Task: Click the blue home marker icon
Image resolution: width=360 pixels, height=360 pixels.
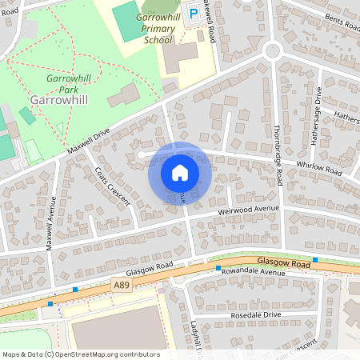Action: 179,173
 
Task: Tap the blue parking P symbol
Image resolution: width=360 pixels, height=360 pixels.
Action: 193,12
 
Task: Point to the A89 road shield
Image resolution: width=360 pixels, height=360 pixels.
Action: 122,285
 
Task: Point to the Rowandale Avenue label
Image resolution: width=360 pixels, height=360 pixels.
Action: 253,273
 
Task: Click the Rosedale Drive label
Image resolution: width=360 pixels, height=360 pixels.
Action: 257,314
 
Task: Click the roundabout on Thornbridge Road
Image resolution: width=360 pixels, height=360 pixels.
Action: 273,50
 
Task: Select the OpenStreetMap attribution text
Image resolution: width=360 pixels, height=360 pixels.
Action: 81,354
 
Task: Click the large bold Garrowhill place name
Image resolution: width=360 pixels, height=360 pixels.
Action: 57,100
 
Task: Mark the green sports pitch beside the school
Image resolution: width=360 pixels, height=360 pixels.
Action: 126,20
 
